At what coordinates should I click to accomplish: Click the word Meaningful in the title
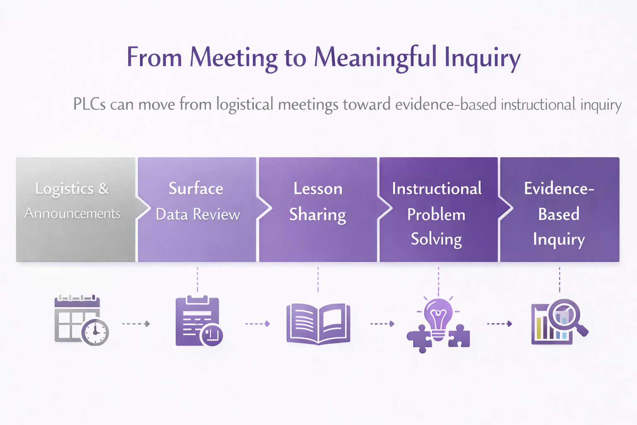click(x=375, y=57)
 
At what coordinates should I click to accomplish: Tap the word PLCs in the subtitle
click(x=89, y=104)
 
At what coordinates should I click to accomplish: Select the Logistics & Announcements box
click(x=75, y=209)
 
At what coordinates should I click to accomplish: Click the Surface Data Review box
click(x=197, y=209)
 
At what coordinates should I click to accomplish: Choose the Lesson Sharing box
click(x=318, y=209)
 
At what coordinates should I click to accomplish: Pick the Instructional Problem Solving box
click(x=438, y=209)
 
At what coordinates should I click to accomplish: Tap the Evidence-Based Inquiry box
click(x=559, y=209)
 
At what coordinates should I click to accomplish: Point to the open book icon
click(x=318, y=324)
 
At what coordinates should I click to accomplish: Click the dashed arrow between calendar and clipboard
click(x=136, y=324)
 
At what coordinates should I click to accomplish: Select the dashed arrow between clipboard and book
click(x=258, y=324)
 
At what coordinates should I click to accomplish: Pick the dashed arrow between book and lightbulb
click(x=382, y=324)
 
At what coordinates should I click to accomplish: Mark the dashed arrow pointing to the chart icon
click(x=499, y=324)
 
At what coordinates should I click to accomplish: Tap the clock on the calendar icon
click(x=95, y=332)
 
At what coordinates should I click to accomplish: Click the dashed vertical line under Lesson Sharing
click(x=318, y=279)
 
